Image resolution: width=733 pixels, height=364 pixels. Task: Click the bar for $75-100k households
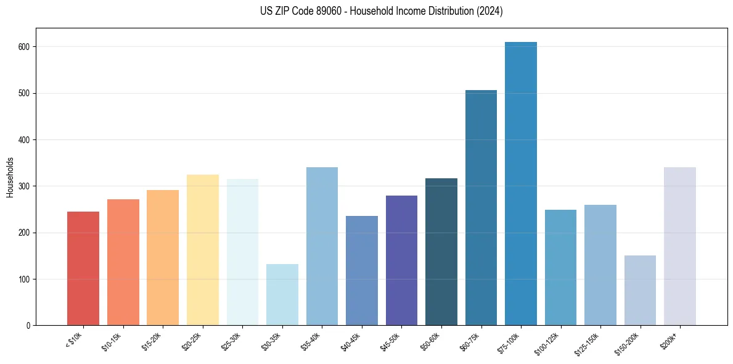coord(520,185)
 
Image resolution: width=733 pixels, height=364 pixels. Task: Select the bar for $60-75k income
coord(481,210)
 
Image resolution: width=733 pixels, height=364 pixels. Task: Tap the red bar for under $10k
coord(83,268)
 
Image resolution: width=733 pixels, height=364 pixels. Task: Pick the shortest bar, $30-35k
coord(282,295)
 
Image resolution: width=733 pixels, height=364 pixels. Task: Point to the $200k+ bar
coord(679,247)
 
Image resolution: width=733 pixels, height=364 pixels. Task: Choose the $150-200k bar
coord(640,290)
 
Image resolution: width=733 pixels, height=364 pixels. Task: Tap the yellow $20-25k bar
coord(203,250)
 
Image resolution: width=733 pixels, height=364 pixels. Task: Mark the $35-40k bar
coord(322,247)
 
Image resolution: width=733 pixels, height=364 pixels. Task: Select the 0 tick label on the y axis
coord(29,326)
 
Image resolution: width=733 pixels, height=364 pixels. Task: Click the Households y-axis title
coord(10,177)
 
